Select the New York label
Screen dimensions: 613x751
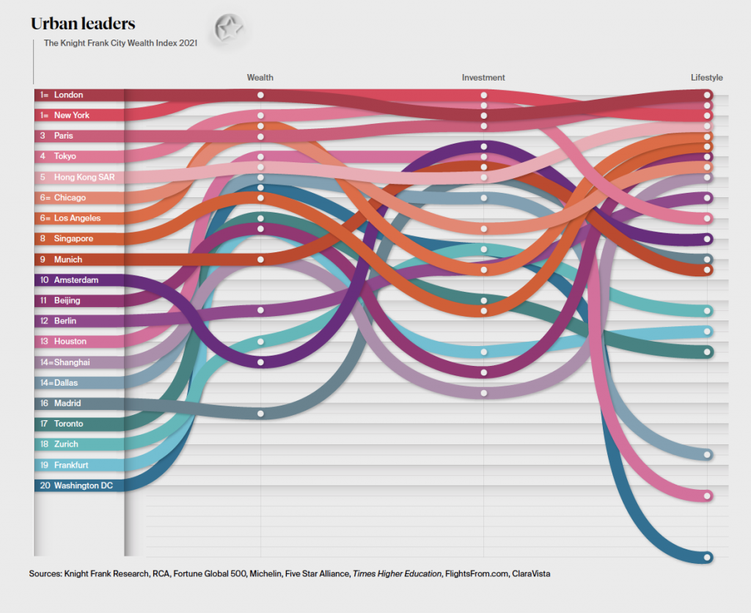pos(71,115)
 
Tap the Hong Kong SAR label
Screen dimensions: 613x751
pos(84,177)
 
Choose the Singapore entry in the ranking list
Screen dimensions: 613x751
pos(73,238)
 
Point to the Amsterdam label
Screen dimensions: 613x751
pos(76,279)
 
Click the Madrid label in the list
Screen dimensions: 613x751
pos(67,403)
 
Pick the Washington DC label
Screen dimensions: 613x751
pos(83,485)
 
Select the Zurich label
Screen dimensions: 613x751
pos(66,444)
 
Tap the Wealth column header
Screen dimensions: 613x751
pos(260,78)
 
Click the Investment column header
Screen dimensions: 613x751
pos(483,78)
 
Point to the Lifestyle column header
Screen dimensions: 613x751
pos(706,78)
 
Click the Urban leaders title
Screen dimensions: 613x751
pos(82,24)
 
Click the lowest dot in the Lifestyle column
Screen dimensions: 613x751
pos(708,557)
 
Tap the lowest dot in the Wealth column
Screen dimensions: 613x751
pos(260,414)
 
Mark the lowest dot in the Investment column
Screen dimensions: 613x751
pos(483,393)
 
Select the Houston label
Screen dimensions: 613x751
pos(70,341)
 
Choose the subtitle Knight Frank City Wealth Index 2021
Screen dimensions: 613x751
pos(120,43)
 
